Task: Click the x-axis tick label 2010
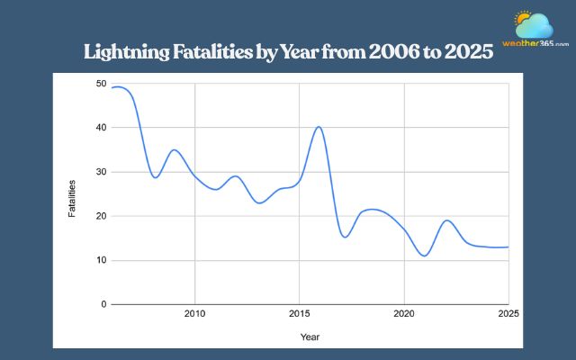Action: [195, 315]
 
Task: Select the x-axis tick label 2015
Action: [300, 315]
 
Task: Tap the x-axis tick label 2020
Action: [404, 315]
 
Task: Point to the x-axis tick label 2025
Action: [508, 315]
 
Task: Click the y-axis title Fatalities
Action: [73, 198]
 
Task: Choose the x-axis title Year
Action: [310, 337]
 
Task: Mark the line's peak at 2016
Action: [319, 127]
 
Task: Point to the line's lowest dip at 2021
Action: [424, 256]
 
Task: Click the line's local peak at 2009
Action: [175, 150]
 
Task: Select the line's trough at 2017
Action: [344, 237]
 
